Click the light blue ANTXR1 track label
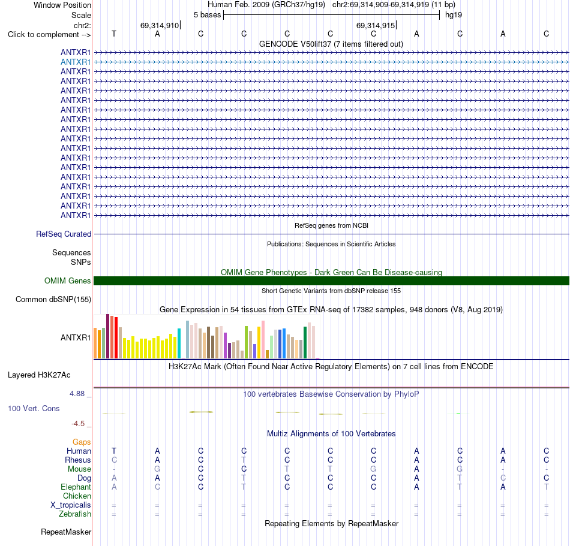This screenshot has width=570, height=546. (x=76, y=62)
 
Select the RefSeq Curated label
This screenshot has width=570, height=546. (x=64, y=234)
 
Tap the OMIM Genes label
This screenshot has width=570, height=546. (x=68, y=280)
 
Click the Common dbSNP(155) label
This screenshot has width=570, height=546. (x=53, y=300)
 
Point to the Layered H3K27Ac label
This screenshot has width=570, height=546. (x=39, y=375)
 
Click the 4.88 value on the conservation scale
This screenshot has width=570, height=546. (x=77, y=394)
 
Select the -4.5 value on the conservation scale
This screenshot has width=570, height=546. (x=78, y=424)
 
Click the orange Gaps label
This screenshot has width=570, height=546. (x=82, y=442)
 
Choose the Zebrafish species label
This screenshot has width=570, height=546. (x=75, y=514)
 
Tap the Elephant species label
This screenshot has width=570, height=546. (x=76, y=487)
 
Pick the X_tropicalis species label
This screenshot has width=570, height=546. (x=71, y=505)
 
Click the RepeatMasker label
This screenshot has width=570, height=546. (x=66, y=532)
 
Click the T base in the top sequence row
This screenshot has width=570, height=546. (x=114, y=34)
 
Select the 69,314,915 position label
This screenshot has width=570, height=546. (x=376, y=25)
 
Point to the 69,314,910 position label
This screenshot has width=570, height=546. (x=160, y=25)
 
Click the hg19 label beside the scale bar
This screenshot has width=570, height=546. (x=454, y=15)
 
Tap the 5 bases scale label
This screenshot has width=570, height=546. (x=207, y=15)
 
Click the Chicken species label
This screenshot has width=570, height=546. (x=77, y=496)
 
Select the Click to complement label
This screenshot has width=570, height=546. (x=49, y=35)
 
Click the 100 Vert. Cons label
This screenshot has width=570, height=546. (x=34, y=408)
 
